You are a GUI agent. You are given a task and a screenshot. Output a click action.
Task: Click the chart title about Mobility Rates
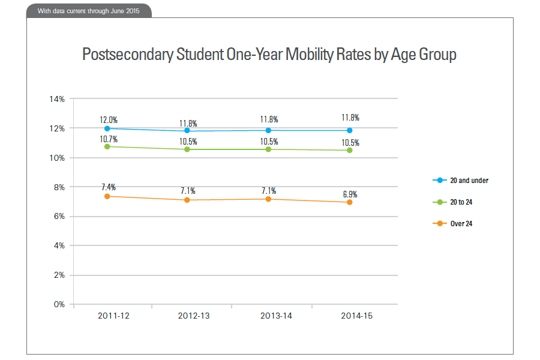pyautogui.click(x=269, y=55)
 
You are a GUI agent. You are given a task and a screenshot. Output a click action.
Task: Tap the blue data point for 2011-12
pyautogui.click(x=107, y=128)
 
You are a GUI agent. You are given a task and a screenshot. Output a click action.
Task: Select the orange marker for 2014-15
pyautogui.click(x=349, y=202)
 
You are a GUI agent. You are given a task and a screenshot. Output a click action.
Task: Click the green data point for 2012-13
pyautogui.click(x=187, y=149)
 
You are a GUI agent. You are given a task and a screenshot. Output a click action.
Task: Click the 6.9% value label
pyautogui.click(x=350, y=194)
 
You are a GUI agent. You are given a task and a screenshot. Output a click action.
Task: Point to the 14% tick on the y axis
pyautogui.click(x=57, y=99)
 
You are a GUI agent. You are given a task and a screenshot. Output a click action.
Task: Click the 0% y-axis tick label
pyautogui.click(x=59, y=304)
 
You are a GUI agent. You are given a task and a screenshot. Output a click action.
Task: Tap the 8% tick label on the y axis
pyautogui.click(x=59, y=187)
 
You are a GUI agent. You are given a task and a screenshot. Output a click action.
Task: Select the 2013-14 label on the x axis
pyautogui.click(x=276, y=317)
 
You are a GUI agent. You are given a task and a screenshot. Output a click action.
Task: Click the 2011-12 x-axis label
pyautogui.click(x=113, y=317)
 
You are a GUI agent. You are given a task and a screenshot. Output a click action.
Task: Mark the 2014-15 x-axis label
pyautogui.click(x=356, y=317)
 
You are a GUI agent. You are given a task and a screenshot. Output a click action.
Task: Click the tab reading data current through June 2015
pyautogui.click(x=89, y=11)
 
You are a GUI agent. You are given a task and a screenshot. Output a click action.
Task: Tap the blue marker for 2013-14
pyautogui.click(x=268, y=130)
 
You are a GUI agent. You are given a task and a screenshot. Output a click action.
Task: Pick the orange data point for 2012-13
pyautogui.click(x=187, y=200)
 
